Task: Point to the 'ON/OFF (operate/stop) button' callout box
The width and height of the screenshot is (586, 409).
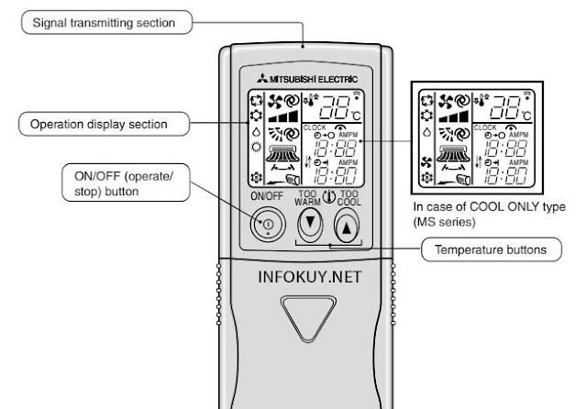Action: click(128, 184)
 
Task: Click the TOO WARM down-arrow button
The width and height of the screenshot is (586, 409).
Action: click(311, 223)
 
